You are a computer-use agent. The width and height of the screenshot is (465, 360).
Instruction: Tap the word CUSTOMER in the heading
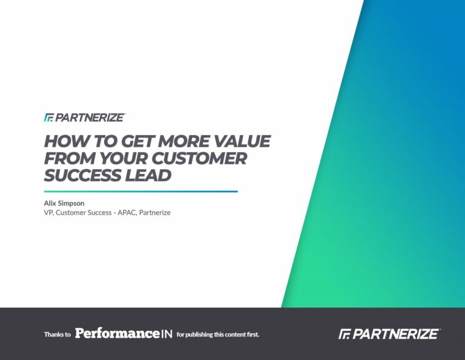click(199, 158)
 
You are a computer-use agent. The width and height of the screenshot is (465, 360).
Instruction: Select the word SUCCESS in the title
click(82, 175)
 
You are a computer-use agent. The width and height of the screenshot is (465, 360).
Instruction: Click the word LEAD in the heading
click(148, 175)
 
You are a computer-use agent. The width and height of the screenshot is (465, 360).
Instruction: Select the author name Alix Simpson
click(64, 203)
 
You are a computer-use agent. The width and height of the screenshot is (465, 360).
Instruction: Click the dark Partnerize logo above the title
click(85, 118)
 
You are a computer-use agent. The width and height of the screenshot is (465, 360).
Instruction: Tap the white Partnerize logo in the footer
click(390, 333)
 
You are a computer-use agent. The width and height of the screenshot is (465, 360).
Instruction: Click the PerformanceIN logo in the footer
click(124, 333)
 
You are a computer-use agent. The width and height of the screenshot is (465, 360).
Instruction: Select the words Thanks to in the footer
click(58, 335)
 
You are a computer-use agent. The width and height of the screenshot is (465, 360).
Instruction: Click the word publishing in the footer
click(199, 335)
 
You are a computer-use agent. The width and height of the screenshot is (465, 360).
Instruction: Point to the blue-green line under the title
click(141, 192)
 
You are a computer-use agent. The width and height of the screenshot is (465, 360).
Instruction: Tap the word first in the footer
click(253, 334)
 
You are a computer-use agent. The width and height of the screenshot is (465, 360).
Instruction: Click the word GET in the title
click(137, 141)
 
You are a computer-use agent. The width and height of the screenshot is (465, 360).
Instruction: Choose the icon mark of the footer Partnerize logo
click(345, 334)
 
